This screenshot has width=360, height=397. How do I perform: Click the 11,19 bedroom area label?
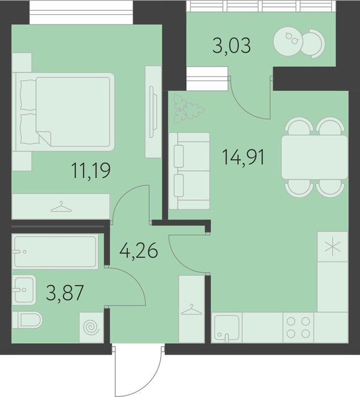pyautogui.click(x=91, y=171)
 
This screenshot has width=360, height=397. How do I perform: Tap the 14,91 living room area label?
pyautogui.click(x=243, y=157)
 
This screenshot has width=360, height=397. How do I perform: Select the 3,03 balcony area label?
pyautogui.click(x=232, y=45)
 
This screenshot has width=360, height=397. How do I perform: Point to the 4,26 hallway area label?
pyautogui.click(x=139, y=251)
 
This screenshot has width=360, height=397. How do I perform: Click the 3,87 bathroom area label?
pyautogui.click(x=65, y=293)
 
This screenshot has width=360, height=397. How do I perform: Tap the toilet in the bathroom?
pyautogui.click(x=27, y=320)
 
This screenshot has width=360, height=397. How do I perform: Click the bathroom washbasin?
pyautogui.click(x=24, y=290)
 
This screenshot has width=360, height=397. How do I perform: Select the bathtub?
pyautogui.click(x=55, y=251)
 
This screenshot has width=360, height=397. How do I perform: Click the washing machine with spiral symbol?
pyautogui.click(x=91, y=328)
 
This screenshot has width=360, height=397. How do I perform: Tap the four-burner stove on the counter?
pyautogui.click(x=298, y=328)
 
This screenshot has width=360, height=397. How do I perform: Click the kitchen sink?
pyautogui.click(x=227, y=328)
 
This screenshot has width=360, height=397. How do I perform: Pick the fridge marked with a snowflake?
pyautogui.click(x=332, y=247)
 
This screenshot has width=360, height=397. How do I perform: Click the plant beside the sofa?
pyautogui.click(x=188, y=109)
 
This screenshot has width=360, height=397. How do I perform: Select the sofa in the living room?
pyautogui.click(x=189, y=171)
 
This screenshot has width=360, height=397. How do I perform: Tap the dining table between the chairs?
pyautogui.click(x=315, y=157)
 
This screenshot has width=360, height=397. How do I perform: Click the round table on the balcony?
pyautogui.click(x=288, y=41)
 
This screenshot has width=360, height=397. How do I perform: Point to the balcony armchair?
pyautogui.click(x=314, y=44)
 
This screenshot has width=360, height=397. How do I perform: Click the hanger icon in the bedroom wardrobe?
pyautogui.click(x=61, y=206)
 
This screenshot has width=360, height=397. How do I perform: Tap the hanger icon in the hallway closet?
pyautogui.click(x=192, y=310)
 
